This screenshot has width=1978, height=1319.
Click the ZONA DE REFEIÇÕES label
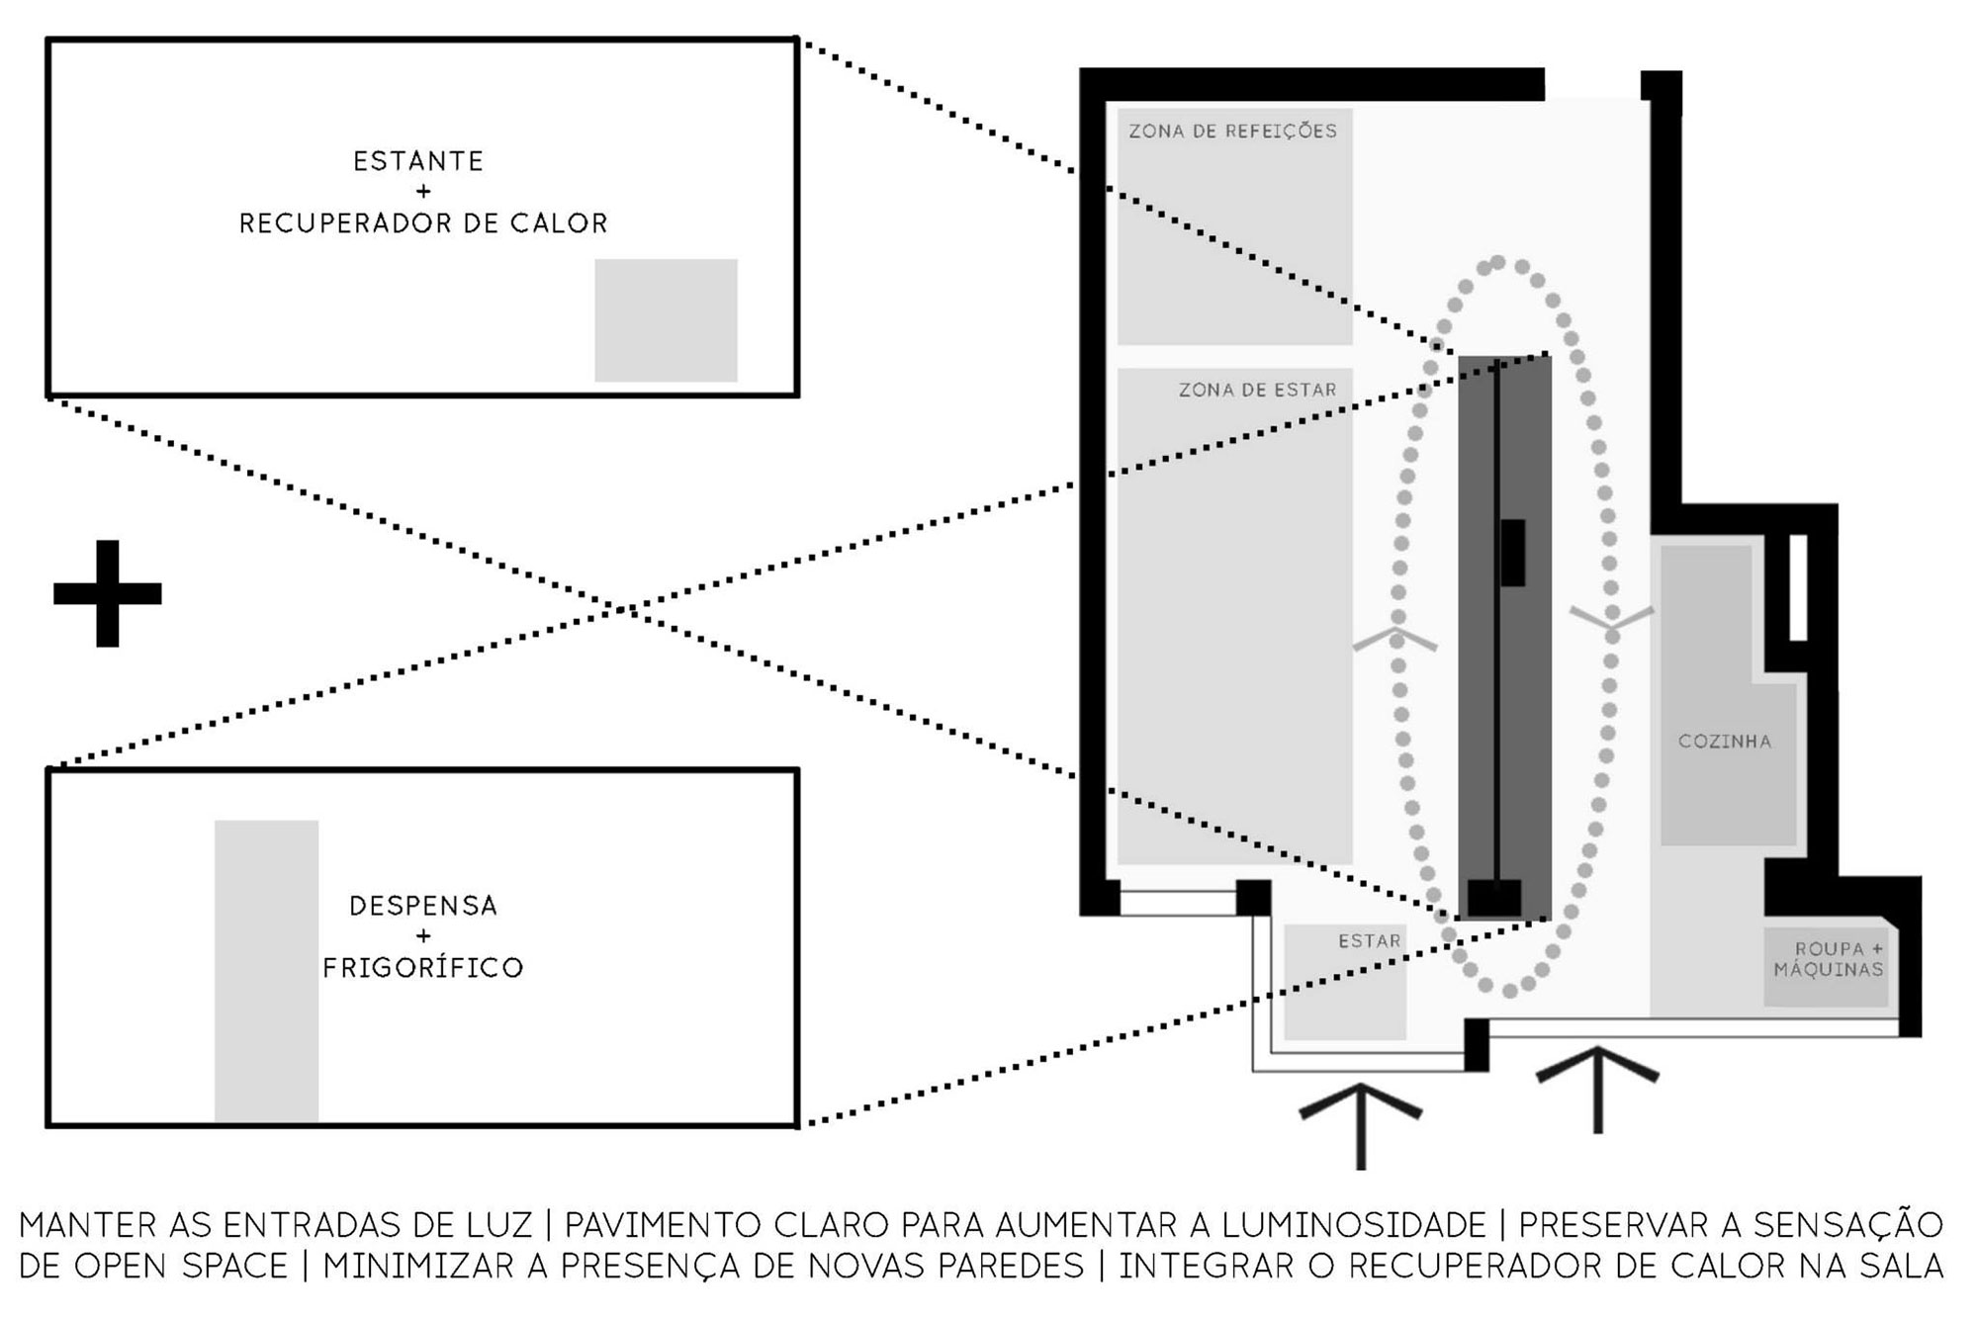(x=1232, y=131)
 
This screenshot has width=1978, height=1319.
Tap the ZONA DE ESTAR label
(x=1257, y=390)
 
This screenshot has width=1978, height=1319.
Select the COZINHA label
(x=1724, y=741)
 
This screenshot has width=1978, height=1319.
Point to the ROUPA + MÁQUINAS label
(x=1829, y=959)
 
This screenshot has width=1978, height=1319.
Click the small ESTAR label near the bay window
(x=1369, y=940)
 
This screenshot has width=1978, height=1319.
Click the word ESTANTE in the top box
(x=418, y=161)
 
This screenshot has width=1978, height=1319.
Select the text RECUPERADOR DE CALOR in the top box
(x=423, y=223)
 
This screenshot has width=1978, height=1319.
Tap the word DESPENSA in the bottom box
(x=423, y=906)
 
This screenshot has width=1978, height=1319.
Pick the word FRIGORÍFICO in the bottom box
(x=423, y=967)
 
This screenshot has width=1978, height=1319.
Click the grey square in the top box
(x=666, y=319)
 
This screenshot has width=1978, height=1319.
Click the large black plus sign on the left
(x=107, y=593)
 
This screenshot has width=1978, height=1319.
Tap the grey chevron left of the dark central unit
(x=1394, y=639)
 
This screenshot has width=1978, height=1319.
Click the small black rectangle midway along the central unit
(x=1512, y=552)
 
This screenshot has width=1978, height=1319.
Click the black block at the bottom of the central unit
(x=1493, y=898)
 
